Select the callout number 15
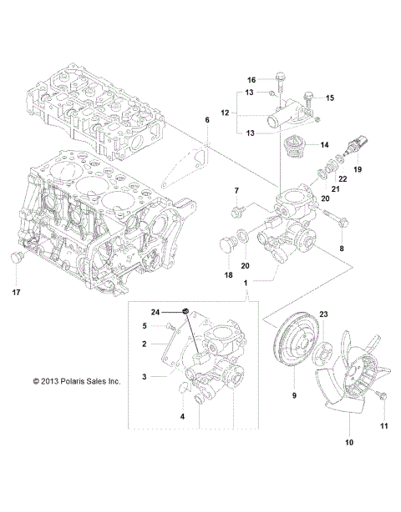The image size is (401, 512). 328,98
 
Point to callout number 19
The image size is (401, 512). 358,169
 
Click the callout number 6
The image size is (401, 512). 207,120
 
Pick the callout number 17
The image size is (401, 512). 15,293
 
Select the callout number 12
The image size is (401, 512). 223,111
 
